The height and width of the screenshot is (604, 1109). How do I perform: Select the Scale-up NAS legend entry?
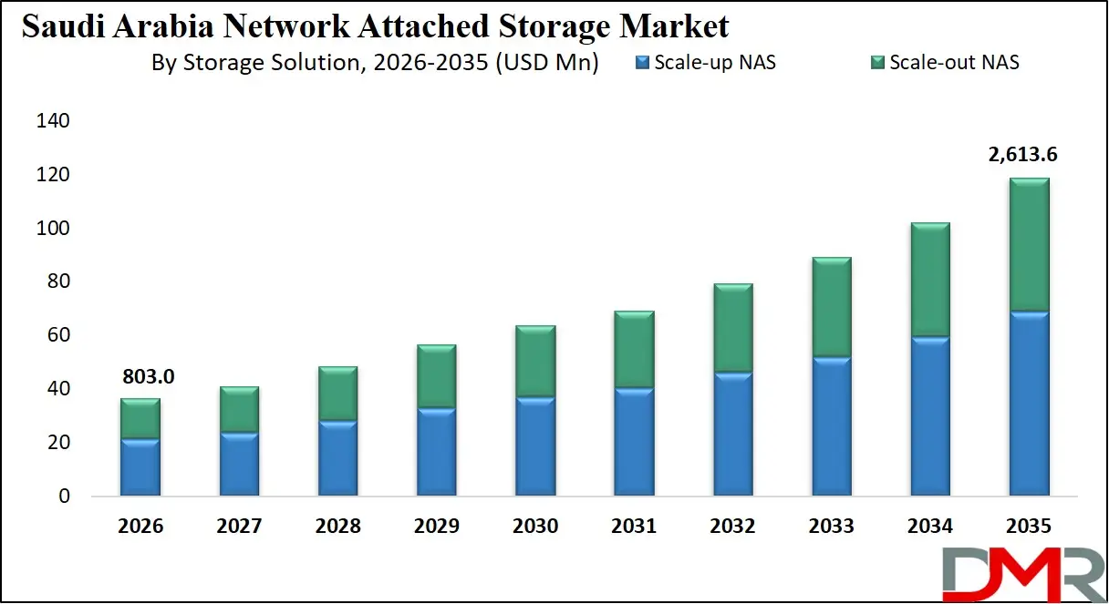point(705,63)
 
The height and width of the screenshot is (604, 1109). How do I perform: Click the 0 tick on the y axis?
point(63,497)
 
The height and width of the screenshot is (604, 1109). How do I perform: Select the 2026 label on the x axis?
point(140,527)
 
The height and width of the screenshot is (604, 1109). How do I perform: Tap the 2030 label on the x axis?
point(534,527)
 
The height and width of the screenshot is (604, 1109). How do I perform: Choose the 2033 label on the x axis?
point(831,527)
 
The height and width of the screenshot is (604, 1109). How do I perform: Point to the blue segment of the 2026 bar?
point(140,467)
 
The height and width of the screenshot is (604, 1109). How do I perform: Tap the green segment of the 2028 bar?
point(337,394)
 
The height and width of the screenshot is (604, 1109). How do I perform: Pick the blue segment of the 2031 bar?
point(633,442)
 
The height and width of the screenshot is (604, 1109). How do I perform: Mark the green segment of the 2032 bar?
point(731,328)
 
